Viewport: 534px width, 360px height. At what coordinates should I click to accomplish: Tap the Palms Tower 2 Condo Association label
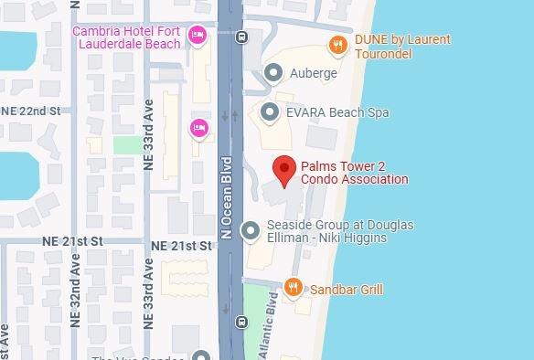pyautogui.click(x=352, y=173)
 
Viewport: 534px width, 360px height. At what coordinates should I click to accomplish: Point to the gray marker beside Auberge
pyautogui.click(x=272, y=72)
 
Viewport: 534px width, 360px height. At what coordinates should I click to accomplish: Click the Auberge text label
pyautogui.click(x=313, y=73)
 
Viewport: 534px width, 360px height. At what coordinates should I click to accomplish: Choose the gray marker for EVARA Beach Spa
pyautogui.click(x=269, y=112)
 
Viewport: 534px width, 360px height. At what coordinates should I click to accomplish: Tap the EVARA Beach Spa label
pyautogui.click(x=338, y=112)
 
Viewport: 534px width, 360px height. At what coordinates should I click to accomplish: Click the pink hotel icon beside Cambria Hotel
pyautogui.click(x=197, y=36)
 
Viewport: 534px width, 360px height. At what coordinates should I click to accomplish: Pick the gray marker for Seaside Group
pyautogui.click(x=251, y=231)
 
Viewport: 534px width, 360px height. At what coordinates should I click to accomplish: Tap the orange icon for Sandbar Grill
pyautogui.click(x=293, y=289)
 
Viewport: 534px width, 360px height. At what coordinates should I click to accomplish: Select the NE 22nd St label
pyautogui.click(x=30, y=111)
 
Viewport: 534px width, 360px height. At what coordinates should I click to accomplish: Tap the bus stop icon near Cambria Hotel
pyautogui.click(x=241, y=37)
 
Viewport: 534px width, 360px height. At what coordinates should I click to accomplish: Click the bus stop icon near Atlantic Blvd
pyautogui.click(x=241, y=322)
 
